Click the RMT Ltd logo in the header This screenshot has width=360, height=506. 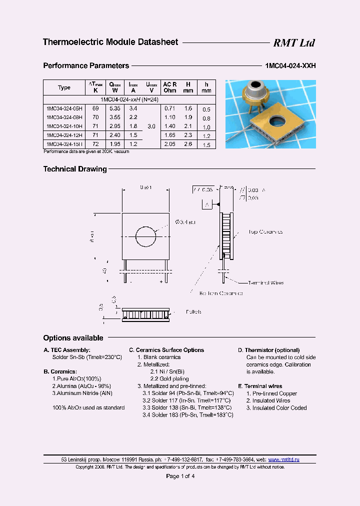pos(293,43)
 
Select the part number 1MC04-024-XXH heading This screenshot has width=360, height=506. pos(289,65)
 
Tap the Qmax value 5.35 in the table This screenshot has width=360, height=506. pos(114,108)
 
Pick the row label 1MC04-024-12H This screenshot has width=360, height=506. pos(64,135)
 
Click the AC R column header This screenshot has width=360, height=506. pos(169,84)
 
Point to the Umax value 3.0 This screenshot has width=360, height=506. pos(151,126)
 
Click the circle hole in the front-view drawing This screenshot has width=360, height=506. pos(146,236)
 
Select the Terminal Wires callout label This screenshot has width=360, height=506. pos(265,283)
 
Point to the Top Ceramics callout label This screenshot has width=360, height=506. pos(265,232)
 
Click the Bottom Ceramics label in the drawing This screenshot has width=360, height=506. pos(220,293)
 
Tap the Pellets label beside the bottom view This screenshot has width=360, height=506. pos(193,312)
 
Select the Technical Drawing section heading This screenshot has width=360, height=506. pos(75,169)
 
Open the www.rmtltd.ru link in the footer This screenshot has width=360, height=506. pos(284,459)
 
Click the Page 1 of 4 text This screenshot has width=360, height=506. pos(180,476)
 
